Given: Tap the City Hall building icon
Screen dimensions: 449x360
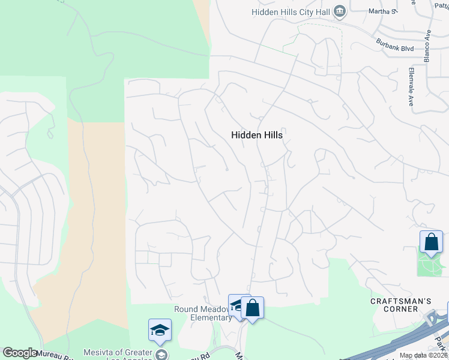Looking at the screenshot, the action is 340,11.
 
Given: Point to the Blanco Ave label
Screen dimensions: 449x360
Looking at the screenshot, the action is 428,46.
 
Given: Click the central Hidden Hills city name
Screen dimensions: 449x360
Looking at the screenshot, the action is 256,136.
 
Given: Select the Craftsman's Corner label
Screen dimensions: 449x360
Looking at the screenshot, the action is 394,304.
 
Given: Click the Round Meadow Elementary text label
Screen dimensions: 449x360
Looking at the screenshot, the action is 202,313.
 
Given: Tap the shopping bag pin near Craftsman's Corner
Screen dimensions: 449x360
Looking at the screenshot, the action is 431,242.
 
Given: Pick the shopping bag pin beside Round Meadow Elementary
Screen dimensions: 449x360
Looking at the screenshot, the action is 253,308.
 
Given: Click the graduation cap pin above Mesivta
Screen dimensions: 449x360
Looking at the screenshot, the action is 160,330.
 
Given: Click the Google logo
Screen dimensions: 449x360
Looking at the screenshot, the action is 20,353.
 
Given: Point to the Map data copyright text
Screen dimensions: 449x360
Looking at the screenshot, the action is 423,355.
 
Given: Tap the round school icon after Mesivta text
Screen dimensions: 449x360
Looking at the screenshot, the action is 161,354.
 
